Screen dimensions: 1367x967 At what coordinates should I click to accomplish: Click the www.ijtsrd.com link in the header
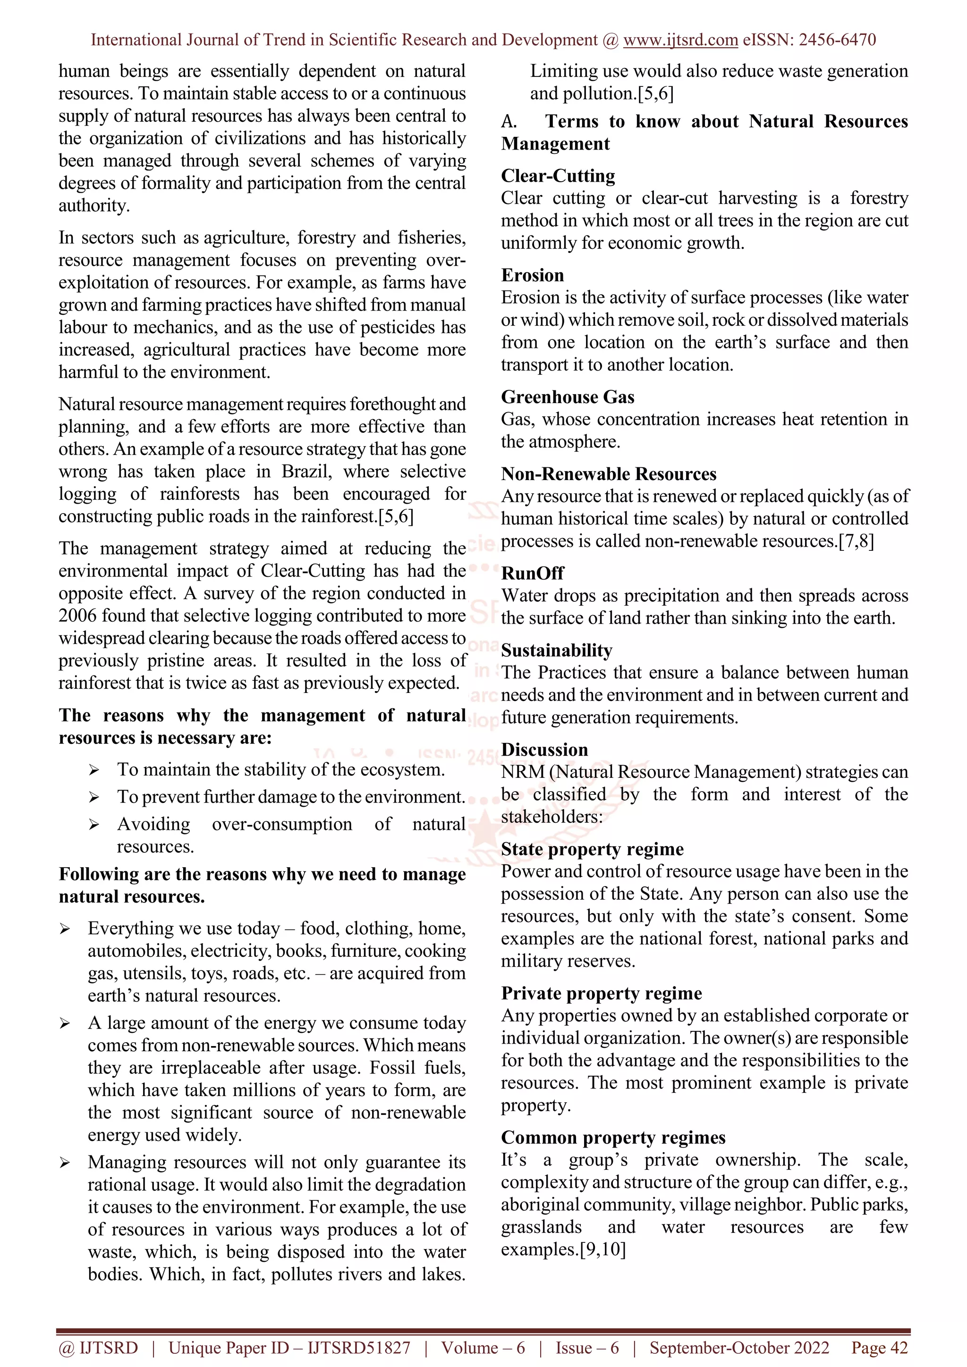pyautogui.click(x=680, y=40)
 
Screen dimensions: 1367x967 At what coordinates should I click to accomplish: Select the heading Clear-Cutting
pyautogui.click(x=558, y=176)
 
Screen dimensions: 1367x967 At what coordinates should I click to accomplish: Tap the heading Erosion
pyautogui.click(x=532, y=276)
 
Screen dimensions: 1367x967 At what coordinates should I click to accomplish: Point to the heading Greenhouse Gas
pyautogui.click(x=568, y=397)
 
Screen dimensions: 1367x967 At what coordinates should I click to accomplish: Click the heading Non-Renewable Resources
pyautogui.click(x=609, y=474)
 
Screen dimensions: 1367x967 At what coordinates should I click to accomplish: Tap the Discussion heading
pyautogui.click(x=544, y=750)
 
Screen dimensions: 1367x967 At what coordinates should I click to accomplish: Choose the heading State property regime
pyautogui.click(x=592, y=850)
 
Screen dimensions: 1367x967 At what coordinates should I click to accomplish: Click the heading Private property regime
pyautogui.click(x=602, y=994)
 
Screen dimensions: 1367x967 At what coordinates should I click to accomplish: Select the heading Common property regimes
pyautogui.click(x=613, y=1138)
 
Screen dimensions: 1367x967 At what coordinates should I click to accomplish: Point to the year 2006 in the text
pyautogui.click(x=77, y=616)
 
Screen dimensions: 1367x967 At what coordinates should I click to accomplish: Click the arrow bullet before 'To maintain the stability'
pyautogui.click(x=93, y=770)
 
